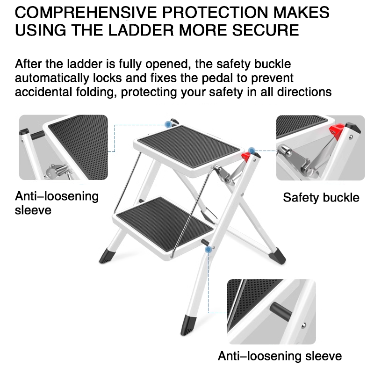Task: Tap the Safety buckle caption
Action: [x=321, y=197]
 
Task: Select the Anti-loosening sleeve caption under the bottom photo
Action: [x=280, y=356]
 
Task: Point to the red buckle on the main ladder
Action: [x=246, y=157]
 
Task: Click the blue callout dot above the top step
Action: [x=168, y=124]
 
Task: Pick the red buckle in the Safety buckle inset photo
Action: [x=335, y=129]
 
